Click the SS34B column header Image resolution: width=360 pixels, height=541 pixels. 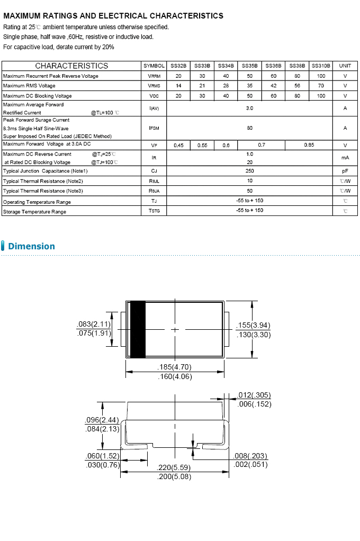click(x=226, y=66)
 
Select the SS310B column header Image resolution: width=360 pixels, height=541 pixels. click(x=321, y=66)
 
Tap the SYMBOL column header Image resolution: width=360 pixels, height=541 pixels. click(x=154, y=66)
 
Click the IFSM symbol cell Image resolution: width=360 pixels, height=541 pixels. click(x=154, y=128)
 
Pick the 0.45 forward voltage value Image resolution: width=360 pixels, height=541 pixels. click(x=178, y=145)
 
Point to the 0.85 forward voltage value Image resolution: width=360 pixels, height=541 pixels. click(x=309, y=145)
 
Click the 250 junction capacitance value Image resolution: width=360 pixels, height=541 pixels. click(x=249, y=171)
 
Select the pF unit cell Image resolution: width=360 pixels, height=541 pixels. click(x=345, y=171)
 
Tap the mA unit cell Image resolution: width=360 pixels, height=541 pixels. click(x=345, y=158)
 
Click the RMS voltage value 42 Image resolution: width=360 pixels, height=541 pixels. click(x=273, y=86)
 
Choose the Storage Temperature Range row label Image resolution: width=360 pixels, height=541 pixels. click(x=35, y=212)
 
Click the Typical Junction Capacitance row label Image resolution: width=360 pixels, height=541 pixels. click(x=46, y=171)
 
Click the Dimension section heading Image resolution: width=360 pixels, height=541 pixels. click(x=31, y=246)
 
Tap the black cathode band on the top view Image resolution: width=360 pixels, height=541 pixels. click(x=138, y=329)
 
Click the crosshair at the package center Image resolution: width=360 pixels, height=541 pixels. click(x=175, y=329)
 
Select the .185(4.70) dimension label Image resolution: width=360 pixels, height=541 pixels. click(x=175, y=367)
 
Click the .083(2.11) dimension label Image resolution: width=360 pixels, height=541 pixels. click(x=94, y=324)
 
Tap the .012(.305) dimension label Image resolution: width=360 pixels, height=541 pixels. click(x=254, y=395)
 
